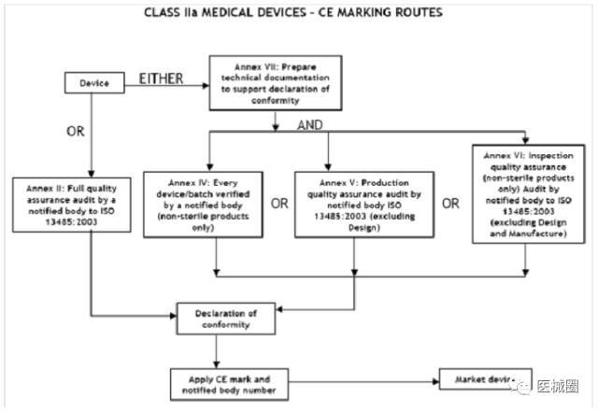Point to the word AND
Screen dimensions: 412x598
pos(310,123)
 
